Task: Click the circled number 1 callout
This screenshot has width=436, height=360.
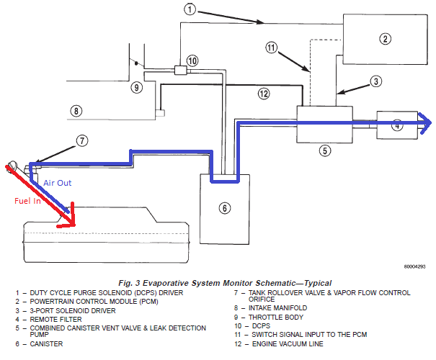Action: tap(190, 9)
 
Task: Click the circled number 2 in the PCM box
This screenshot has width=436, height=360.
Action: tap(386, 39)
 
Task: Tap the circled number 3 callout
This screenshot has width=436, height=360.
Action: tap(375, 82)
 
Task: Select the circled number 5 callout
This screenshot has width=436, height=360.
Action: tap(325, 150)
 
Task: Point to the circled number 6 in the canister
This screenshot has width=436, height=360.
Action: tap(224, 208)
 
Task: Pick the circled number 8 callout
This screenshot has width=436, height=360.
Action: tap(76, 111)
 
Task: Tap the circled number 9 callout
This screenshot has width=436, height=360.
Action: tap(137, 87)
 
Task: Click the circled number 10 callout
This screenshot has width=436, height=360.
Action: tap(191, 60)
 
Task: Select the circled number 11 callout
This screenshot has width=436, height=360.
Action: tap(271, 48)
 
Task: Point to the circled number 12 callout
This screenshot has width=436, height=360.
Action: tap(264, 94)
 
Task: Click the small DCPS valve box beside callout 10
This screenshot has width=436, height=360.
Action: tap(180, 71)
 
